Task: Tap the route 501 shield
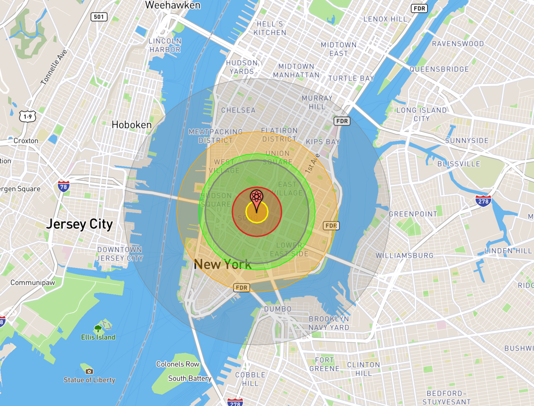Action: (99, 17)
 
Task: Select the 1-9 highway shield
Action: (28, 117)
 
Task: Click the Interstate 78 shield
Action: (63, 186)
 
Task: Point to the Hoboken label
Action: (132, 125)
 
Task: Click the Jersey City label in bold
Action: (79, 224)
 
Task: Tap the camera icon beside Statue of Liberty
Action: (89, 371)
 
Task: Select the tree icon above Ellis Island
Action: (98, 329)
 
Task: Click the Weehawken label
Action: (173, 5)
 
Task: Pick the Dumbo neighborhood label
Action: (278, 309)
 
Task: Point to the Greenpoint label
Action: (413, 214)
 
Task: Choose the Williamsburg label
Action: (404, 256)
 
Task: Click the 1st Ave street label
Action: (312, 164)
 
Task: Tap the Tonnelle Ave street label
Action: (54, 67)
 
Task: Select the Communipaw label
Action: (33, 282)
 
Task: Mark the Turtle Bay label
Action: (351, 78)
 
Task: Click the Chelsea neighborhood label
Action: (238, 110)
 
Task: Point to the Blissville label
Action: (459, 164)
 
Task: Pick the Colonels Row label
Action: (178, 364)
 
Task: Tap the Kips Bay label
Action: (323, 142)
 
